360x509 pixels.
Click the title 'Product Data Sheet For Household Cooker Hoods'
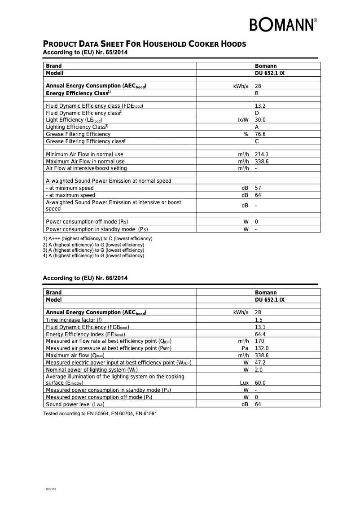click(144, 44)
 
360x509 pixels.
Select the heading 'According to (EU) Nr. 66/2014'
click(85, 278)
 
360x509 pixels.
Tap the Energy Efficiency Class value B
click(257, 93)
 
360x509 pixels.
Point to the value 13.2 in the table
click(260, 106)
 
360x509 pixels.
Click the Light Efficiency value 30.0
click(260, 120)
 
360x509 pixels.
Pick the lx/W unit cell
click(243, 120)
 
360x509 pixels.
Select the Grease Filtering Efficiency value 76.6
click(260, 134)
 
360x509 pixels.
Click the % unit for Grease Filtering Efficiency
click(246, 134)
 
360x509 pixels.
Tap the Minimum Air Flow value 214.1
click(261, 154)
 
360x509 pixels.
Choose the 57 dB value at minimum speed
click(258, 188)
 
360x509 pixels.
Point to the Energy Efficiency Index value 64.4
click(260, 334)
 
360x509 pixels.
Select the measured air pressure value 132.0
click(261, 348)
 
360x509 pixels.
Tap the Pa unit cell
click(245, 348)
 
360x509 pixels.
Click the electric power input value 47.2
click(260, 363)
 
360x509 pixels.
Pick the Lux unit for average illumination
click(244, 383)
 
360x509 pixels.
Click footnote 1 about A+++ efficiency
click(97, 238)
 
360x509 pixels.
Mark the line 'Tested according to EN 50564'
click(100, 413)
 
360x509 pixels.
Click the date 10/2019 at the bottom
click(51, 488)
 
